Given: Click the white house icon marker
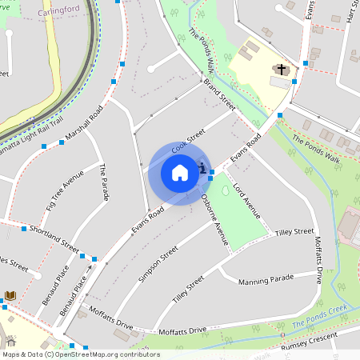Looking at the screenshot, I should pos(180,173).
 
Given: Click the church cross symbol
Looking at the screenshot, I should pos(281,70).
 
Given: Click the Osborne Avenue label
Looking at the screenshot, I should pos(215,219).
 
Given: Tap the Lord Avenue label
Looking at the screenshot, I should pos(246,201).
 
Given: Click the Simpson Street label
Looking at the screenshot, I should pos(157,264).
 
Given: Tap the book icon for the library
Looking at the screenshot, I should pos(10,296).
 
